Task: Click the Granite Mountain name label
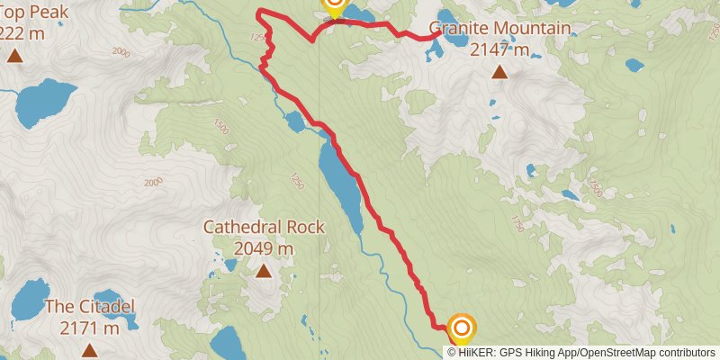pyautogui.click(x=499, y=28)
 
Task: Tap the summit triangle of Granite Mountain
pyautogui.click(x=499, y=73)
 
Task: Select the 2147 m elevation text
pyautogui.click(x=499, y=49)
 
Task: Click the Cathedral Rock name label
pyautogui.click(x=264, y=227)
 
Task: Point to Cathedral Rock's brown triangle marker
pyautogui.click(x=264, y=270)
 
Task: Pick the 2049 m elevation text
pyautogui.click(x=264, y=247)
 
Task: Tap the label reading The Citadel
pyautogui.click(x=89, y=308)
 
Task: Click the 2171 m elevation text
pyautogui.click(x=89, y=328)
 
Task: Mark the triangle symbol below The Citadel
pyautogui.click(x=89, y=349)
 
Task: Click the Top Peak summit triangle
pyautogui.click(x=14, y=56)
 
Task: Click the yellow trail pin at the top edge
pyautogui.click(x=334, y=6)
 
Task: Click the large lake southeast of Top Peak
pyautogui.click(x=45, y=103)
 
